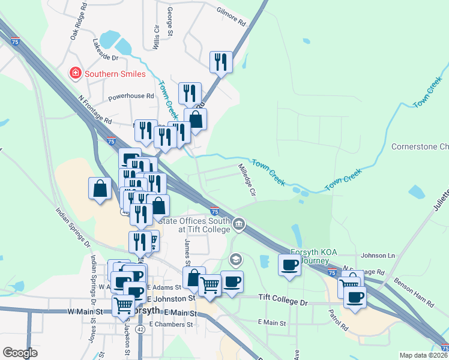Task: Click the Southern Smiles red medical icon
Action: click(76, 74)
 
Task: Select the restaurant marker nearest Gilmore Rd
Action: click(221, 62)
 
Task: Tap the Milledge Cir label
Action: click(247, 181)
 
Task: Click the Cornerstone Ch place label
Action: click(420, 147)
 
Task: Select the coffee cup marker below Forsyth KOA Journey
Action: click(289, 265)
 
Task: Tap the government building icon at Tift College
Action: click(239, 224)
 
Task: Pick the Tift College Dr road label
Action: click(282, 298)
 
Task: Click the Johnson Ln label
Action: click(378, 256)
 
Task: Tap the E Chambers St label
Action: click(171, 324)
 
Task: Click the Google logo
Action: click(20, 353)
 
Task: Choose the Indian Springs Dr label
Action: click(73, 227)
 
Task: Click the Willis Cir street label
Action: click(156, 37)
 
